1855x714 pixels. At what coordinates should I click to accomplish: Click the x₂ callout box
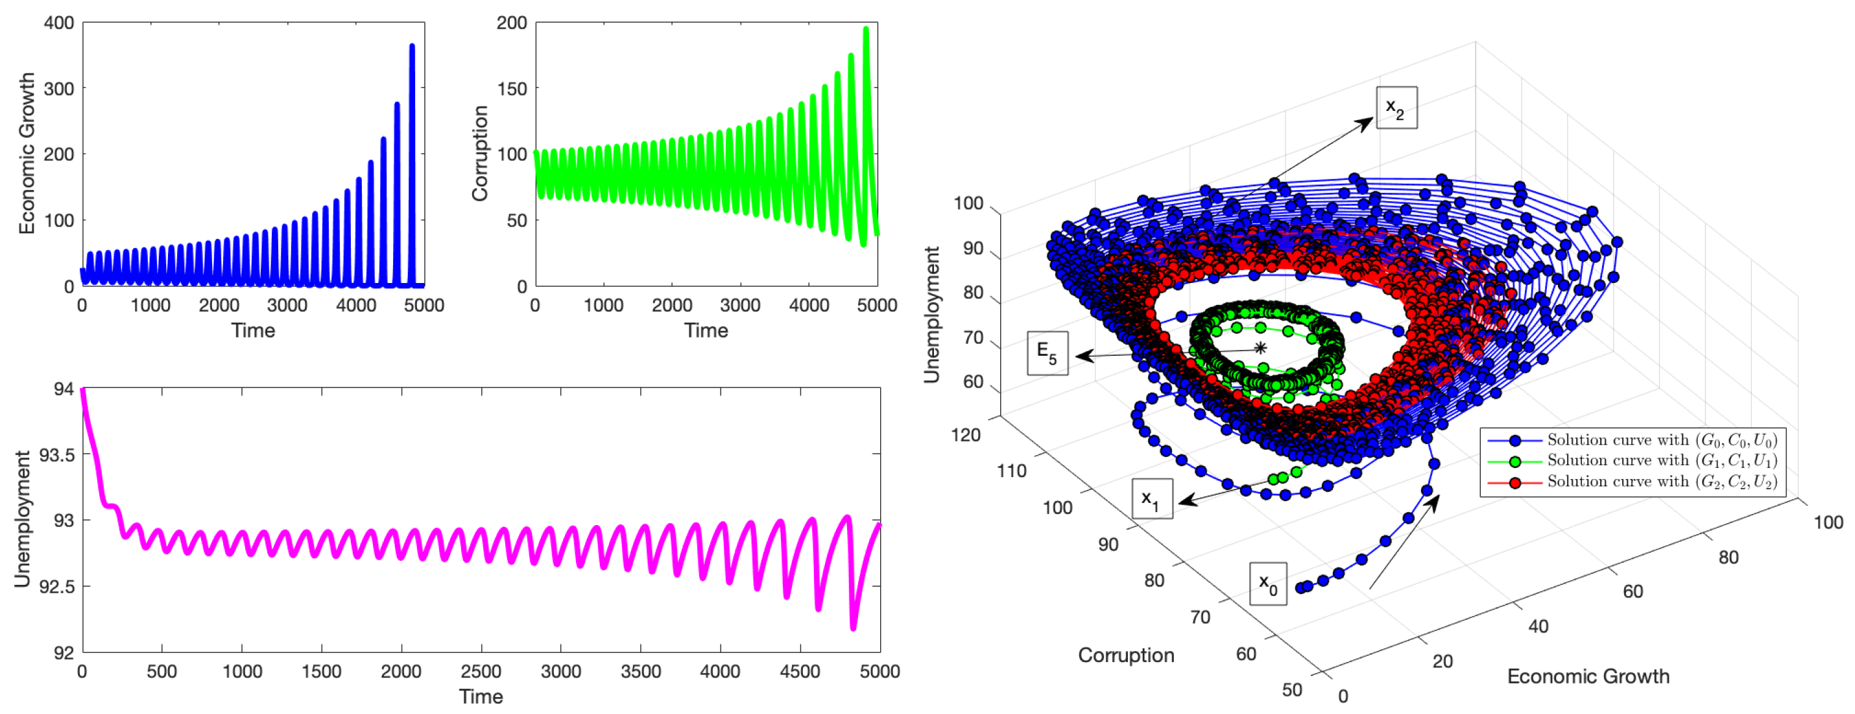[x=1396, y=108]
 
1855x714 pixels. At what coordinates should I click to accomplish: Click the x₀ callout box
[x=1267, y=583]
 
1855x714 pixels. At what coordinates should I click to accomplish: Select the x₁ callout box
[x=1151, y=499]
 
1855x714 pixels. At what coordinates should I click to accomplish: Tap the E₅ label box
[x=1047, y=353]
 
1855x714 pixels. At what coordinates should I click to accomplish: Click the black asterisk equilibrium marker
[x=1260, y=349]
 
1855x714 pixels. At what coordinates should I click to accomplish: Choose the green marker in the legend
[x=1515, y=461]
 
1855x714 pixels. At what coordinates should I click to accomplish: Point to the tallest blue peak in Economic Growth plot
[x=412, y=46]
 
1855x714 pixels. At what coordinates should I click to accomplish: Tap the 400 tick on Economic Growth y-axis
[x=59, y=23]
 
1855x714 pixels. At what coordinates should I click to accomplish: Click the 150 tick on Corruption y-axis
[x=511, y=89]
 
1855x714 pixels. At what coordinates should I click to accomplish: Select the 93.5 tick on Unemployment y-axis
[x=56, y=454]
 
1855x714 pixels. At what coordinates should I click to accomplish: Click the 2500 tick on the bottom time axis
[x=481, y=672]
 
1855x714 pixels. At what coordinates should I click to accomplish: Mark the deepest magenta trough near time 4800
[x=854, y=628]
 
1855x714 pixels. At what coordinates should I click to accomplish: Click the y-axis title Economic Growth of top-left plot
[x=27, y=153]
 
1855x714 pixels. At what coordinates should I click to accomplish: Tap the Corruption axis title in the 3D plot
[x=1125, y=655]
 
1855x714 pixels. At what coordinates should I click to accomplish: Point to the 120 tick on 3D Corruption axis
[x=966, y=435]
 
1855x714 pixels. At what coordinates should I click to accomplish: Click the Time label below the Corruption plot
[x=706, y=330]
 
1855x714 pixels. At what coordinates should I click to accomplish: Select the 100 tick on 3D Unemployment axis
[x=968, y=204]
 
